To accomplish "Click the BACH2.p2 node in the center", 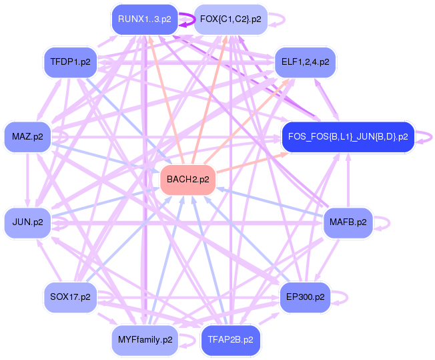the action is pos(187,180).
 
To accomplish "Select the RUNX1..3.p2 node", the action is pos(144,19).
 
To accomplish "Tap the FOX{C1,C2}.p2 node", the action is pos(230,19).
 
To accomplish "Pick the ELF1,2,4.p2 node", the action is pos(306,62).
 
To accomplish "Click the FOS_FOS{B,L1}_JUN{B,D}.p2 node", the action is pos(348,137).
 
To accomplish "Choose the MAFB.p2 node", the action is pos(348,222).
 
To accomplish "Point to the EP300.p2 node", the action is pos(305,297).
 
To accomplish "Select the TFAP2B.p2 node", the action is pos(230,340).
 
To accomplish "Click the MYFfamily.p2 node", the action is pos(145,340).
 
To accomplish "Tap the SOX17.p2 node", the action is pos(70,297).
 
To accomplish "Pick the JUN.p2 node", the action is pos(27,222).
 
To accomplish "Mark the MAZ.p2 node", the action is pos(27,137).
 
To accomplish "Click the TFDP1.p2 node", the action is pos(70,62).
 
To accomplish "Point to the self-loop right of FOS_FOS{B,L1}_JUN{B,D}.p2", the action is pos(427,137).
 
